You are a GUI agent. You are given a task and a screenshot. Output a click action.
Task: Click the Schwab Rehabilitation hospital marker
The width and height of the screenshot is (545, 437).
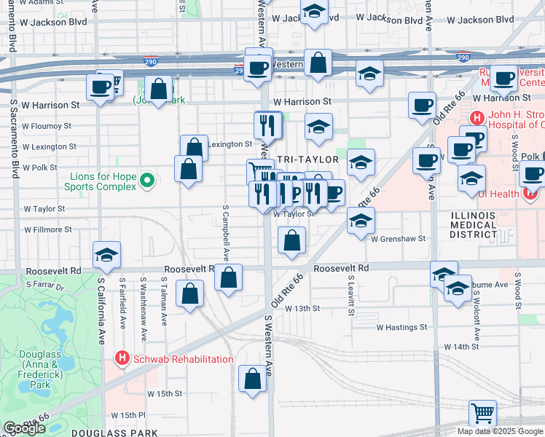pos(122,359)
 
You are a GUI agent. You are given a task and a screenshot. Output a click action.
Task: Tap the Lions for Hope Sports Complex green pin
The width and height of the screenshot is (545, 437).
pos(146,179)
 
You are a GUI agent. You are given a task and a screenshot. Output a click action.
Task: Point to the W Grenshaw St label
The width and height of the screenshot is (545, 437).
pos(398,238)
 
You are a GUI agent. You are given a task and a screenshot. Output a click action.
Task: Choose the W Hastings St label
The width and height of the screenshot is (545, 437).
pos(401,327)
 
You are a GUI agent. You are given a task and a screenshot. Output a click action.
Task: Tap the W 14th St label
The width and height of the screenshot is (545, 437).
pos(465,347)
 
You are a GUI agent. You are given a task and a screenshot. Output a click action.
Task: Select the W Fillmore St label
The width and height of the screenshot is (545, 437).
pos(48,229)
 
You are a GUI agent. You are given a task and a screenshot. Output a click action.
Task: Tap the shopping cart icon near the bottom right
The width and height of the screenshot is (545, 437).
pos(482,414)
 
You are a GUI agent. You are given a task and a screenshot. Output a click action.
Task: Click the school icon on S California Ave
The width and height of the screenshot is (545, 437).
pos(106,255)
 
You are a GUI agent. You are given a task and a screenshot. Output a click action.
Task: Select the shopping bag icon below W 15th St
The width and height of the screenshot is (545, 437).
pos(253,379)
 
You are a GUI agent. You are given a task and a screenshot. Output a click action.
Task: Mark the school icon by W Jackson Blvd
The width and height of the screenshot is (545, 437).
pos(314,12)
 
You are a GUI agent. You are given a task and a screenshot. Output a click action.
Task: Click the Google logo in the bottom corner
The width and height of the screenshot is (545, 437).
pos(24,428)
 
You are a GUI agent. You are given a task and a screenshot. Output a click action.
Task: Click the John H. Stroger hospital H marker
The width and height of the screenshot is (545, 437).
pos(477,117)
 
